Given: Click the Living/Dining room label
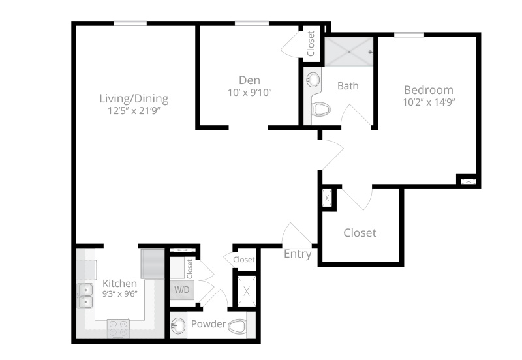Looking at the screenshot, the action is click(x=134, y=99).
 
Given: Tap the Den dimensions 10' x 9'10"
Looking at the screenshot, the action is click(x=250, y=93).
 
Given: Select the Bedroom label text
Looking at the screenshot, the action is click(x=429, y=90).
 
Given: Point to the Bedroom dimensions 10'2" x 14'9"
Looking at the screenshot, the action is click(x=429, y=102).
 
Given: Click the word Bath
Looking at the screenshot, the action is click(x=348, y=86).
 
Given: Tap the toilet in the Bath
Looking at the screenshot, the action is click(x=321, y=109).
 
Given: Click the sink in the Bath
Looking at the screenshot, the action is click(x=313, y=80).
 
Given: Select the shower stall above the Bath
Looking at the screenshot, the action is click(x=349, y=52).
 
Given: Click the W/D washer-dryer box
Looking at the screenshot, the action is click(x=182, y=290).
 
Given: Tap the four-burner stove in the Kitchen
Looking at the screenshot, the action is click(x=119, y=328).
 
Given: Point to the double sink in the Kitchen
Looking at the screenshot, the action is click(x=85, y=296).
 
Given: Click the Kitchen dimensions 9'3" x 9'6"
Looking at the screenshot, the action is click(x=120, y=293).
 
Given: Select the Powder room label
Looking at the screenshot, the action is click(x=209, y=323).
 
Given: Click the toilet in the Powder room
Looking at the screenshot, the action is click(x=238, y=326).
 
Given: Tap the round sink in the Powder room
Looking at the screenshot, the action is click(x=178, y=325).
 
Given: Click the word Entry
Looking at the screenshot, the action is click(x=298, y=254).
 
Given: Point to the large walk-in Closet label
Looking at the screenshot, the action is click(x=360, y=233).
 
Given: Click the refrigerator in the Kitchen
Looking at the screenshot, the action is click(x=153, y=263).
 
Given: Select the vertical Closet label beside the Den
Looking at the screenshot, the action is click(x=311, y=43).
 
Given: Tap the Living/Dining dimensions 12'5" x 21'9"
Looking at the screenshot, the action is click(x=134, y=111).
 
